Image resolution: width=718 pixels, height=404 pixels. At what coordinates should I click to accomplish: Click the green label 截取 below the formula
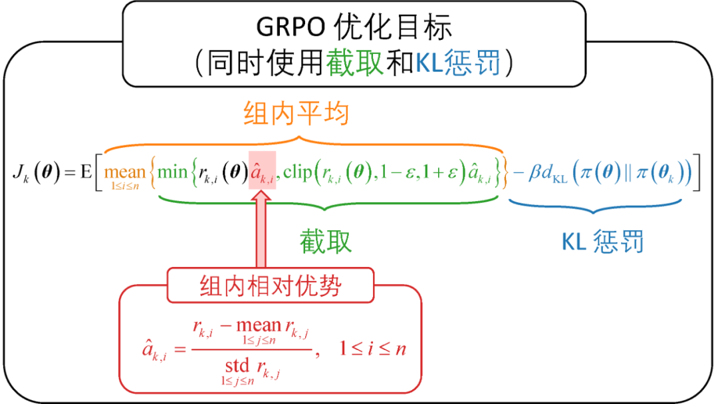[x=325, y=241]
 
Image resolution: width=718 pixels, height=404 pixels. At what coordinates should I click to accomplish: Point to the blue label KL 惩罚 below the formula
[x=602, y=241]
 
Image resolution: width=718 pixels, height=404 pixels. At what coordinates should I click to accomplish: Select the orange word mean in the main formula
[x=124, y=172]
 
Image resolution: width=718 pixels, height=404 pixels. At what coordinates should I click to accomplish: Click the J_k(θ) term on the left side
[x=37, y=172]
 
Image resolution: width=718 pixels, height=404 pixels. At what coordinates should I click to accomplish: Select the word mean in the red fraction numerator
[x=259, y=325]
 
